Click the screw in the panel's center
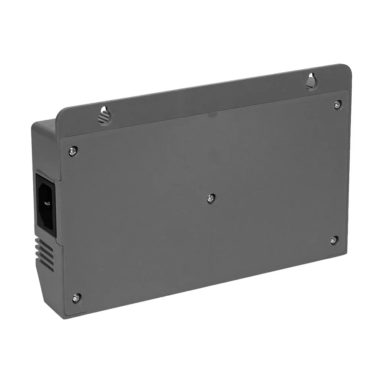coord(211,198)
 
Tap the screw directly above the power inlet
coord(73,151)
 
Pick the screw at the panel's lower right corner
coord(334,240)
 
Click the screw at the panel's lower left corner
coord(77,297)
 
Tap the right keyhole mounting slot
coord(312,82)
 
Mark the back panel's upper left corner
coord(62,139)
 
